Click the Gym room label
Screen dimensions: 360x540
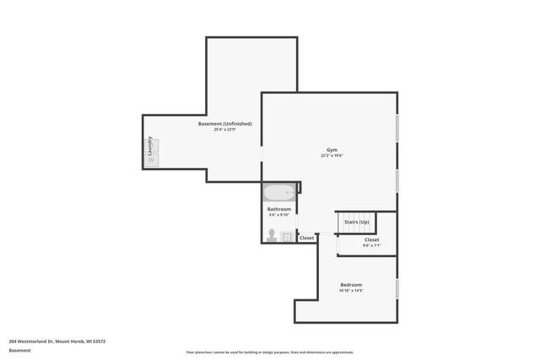[332, 148]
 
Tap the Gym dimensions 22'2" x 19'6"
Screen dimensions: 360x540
[332, 155]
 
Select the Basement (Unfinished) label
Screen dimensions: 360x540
[224, 124]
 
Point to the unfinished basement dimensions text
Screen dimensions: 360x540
[224, 130]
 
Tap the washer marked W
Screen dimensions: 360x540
[152, 159]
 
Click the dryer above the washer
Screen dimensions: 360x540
[152, 144]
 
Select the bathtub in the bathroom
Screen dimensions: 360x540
[278, 192]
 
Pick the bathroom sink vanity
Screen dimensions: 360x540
[287, 237]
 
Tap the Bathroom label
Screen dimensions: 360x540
[279, 209]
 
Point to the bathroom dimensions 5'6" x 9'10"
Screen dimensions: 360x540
[279, 215]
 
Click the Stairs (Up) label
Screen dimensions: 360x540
[357, 222]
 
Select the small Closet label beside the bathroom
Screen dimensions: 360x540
[306, 238]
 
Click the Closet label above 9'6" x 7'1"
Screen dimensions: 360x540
[371, 239]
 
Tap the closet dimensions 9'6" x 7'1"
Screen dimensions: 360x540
[371, 245]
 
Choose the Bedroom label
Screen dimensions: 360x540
[351, 284]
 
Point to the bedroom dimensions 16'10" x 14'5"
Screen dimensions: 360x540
[351, 290]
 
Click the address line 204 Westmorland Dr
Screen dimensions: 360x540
[57, 341]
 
